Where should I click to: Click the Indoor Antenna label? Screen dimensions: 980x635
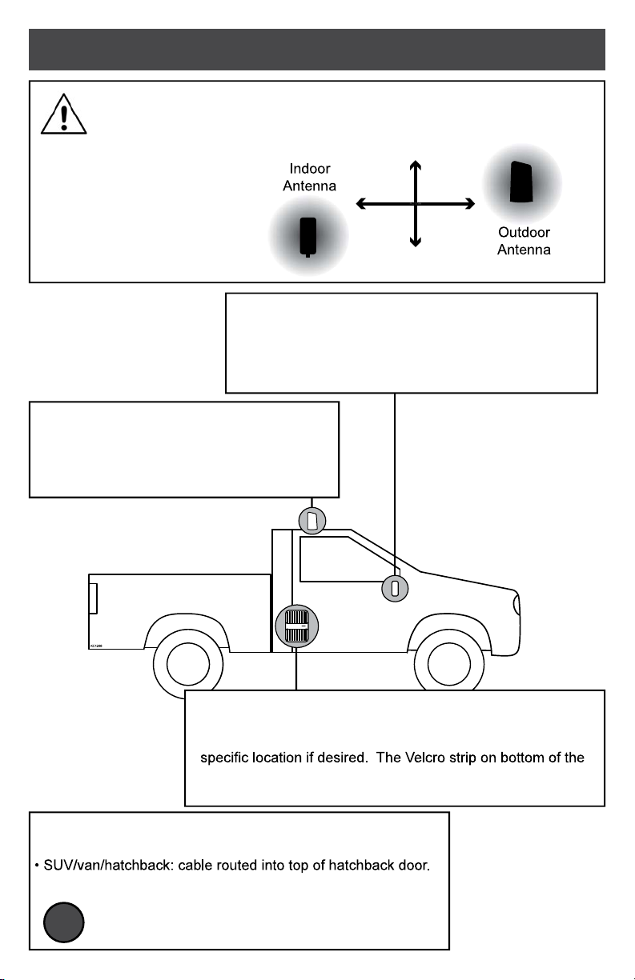(x=310, y=178)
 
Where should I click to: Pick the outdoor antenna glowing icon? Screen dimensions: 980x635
(x=522, y=184)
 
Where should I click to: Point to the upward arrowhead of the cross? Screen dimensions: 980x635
(x=415, y=165)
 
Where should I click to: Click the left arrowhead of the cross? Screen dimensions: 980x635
(x=361, y=204)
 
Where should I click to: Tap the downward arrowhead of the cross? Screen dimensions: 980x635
(x=415, y=242)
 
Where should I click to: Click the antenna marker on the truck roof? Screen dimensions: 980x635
(x=313, y=521)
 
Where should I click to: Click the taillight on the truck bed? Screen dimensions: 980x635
(x=93, y=598)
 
